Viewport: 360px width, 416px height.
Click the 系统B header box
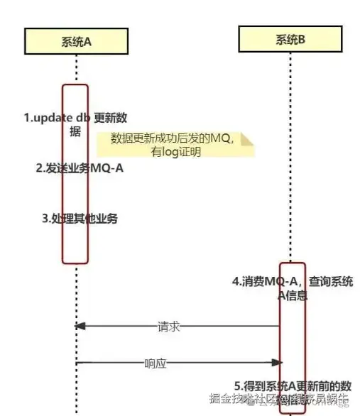[290, 40]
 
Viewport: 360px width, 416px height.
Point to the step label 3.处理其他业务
[79, 218]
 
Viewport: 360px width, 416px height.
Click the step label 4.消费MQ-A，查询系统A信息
[292, 288]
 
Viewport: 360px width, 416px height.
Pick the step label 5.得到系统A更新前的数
[293, 385]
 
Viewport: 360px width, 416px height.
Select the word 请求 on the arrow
[168, 327]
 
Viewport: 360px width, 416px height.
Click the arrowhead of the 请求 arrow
[80, 327]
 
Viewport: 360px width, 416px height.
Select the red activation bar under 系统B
[290, 334]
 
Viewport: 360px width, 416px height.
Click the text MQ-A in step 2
[106, 168]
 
